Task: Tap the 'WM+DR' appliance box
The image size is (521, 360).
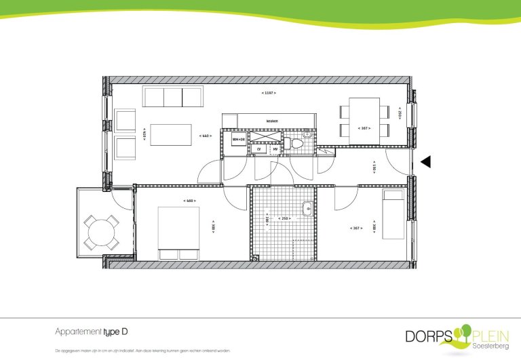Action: tap(237, 139)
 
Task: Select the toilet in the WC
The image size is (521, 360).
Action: tap(288, 144)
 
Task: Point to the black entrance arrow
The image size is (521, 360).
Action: tap(426, 161)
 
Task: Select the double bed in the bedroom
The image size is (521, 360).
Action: tap(178, 233)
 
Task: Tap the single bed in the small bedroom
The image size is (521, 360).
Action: tap(393, 214)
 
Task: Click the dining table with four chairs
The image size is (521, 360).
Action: tap(364, 120)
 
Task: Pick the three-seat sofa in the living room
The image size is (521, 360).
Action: tap(173, 97)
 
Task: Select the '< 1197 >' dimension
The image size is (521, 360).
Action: tap(269, 92)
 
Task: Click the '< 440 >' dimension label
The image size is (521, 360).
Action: tap(206, 136)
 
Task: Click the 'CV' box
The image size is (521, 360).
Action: tap(258, 148)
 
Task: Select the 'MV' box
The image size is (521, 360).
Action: tap(275, 148)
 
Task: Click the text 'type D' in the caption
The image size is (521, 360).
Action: tap(116, 332)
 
